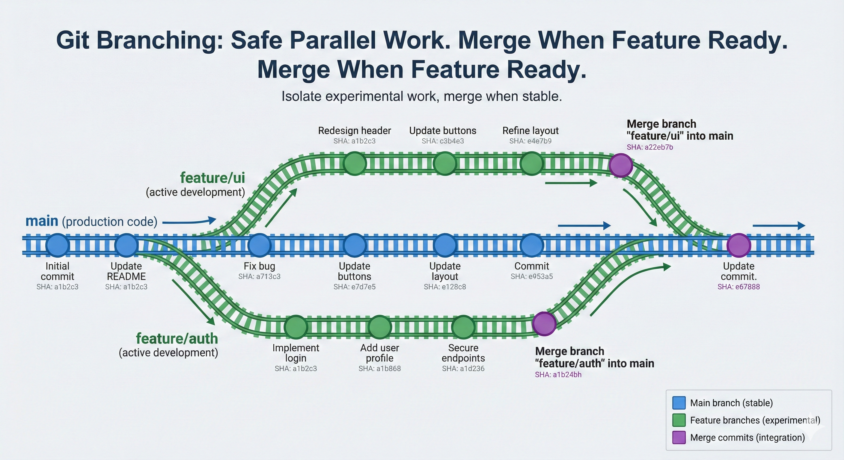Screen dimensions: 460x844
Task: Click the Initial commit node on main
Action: click(58, 245)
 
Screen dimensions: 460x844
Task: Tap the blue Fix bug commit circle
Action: click(260, 245)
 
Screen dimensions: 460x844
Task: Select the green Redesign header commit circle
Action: click(355, 164)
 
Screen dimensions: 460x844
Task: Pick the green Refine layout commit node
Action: click(531, 164)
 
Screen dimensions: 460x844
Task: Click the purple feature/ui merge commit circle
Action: click(620, 165)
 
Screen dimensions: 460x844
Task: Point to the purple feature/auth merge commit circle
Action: click(544, 324)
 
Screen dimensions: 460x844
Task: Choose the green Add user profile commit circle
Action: click(380, 327)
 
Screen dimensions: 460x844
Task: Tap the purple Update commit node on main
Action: click(739, 245)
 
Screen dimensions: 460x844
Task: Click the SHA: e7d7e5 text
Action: click(355, 287)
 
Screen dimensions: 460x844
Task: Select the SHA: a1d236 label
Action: click(463, 368)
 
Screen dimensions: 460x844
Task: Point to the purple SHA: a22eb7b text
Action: click(650, 147)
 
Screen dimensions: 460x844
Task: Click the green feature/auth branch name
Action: click(177, 338)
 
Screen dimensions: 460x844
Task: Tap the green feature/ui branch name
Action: click(212, 178)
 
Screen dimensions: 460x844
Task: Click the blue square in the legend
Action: click(679, 403)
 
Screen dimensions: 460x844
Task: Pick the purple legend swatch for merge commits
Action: click(679, 438)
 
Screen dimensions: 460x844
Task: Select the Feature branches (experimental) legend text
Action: click(755, 420)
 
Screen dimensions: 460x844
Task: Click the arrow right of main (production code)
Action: click(189, 221)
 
